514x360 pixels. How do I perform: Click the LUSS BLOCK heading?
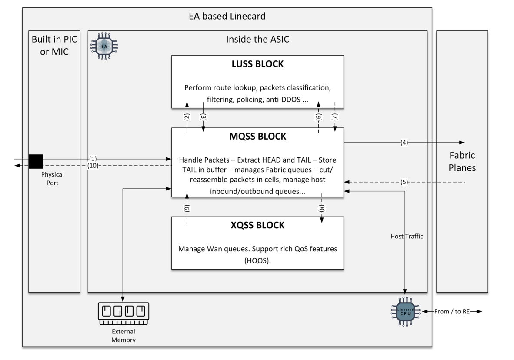(x=257, y=64)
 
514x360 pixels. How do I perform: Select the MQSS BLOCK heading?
(x=257, y=137)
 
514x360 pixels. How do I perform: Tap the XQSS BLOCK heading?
(x=257, y=225)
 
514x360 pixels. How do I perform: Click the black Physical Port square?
(x=36, y=161)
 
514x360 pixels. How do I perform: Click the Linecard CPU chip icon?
(x=405, y=312)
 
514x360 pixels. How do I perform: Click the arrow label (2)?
(x=187, y=117)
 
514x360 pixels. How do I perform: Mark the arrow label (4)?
(x=404, y=143)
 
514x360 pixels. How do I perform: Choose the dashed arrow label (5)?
(x=404, y=182)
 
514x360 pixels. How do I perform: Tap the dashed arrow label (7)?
(x=335, y=117)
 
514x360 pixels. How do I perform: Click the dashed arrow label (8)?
(x=322, y=208)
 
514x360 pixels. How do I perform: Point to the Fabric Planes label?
(x=462, y=162)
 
